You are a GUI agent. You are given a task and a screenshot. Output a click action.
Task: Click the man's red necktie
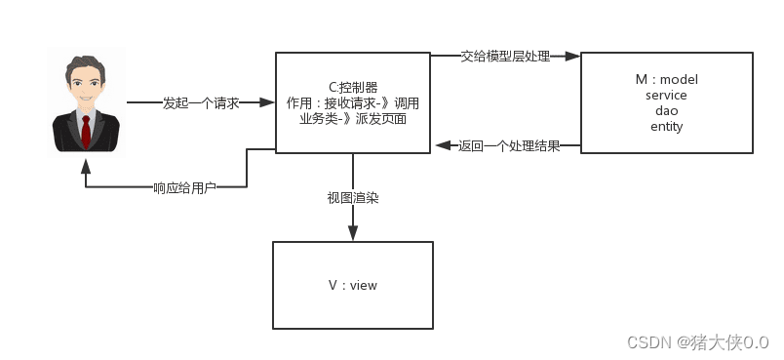coord(86,132)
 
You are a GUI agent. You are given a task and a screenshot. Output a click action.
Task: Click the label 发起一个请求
coord(201,102)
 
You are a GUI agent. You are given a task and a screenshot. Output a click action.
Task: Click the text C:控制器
coord(352,87)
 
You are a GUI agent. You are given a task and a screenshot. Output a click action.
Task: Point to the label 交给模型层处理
coord(505,57)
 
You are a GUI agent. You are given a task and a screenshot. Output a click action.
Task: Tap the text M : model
coord(666,79)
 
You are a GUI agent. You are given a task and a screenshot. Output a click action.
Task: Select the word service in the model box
coord(666,95)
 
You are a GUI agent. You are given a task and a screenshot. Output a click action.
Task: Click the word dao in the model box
coord(666,110)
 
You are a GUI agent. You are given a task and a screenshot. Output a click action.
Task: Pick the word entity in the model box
coord(666,126)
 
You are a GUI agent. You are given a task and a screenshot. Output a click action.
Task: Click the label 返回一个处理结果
coord(509,146)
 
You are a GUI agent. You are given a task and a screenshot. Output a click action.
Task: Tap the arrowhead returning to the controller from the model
coord(441,146)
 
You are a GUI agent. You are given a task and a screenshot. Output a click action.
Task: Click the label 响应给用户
coord(184,187)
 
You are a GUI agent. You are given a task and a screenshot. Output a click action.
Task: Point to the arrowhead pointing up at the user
coord(86,162)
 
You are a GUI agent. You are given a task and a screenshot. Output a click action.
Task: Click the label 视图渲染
coord(352,197)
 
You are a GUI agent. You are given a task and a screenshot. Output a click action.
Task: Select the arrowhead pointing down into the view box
coord(352,234)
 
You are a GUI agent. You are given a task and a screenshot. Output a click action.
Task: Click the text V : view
coord(352,285)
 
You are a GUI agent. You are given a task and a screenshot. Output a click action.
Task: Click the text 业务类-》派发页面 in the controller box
coord(352,118)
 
